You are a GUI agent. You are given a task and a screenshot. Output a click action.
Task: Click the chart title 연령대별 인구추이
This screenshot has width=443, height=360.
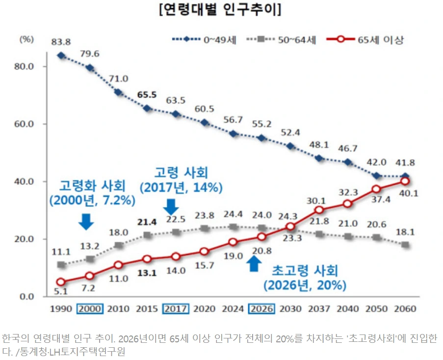(220, 10)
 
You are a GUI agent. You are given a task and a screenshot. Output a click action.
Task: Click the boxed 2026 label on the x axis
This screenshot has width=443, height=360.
(261, 309)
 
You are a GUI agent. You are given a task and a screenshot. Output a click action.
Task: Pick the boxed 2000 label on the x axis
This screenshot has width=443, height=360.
(89, 309)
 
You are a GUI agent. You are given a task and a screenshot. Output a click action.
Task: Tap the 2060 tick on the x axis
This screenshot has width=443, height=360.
(405, 309)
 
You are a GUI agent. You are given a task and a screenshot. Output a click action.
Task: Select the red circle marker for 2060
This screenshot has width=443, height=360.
(405, 181)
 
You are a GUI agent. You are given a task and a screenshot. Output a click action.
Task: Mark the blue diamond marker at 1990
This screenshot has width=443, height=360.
(61, 55)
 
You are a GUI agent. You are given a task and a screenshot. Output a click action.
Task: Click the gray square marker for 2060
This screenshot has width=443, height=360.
(405, 245)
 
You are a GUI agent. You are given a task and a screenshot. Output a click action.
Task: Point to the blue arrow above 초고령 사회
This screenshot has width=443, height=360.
(253, 263)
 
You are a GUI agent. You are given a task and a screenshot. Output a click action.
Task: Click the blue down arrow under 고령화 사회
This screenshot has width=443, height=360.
(86, 221)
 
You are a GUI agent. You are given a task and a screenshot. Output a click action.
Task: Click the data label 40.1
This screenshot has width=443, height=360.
(408, 193)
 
